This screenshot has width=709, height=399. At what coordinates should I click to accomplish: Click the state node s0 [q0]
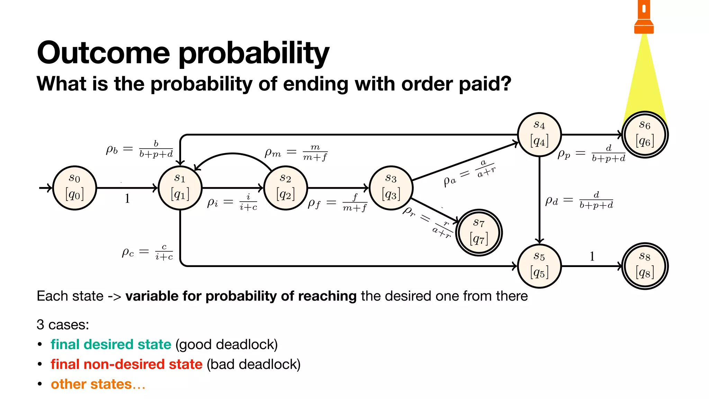click(74, 188)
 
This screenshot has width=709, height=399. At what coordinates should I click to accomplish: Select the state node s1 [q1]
click(180, 188)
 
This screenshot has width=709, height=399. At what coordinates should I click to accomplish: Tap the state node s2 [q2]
click(285, 188)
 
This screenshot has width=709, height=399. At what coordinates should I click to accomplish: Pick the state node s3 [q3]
click(391, 188)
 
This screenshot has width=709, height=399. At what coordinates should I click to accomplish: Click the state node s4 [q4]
click(539, 134)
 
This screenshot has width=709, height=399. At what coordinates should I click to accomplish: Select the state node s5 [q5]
click(539, 266)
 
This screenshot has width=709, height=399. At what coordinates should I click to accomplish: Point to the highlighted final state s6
click(645, 134)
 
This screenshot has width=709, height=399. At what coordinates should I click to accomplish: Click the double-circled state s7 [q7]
click(479, 232)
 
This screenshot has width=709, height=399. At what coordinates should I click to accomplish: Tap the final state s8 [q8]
click(645, 266)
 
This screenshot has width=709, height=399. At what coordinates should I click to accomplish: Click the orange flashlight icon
click(644, 17)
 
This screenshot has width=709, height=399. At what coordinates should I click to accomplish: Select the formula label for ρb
click(140, 149)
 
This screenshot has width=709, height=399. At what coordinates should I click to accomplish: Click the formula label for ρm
click(296, 152)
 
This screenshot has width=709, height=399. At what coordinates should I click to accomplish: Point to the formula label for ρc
click(147, 252)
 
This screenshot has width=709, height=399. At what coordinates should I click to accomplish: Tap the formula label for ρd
click(579, 200)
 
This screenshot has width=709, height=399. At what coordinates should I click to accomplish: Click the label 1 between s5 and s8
click(592, 256)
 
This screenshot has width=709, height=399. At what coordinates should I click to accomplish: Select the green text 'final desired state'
click(111, 344)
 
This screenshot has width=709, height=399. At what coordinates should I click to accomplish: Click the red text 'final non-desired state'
click(126, 364)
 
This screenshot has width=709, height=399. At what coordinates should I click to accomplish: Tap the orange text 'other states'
click(91, 384)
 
